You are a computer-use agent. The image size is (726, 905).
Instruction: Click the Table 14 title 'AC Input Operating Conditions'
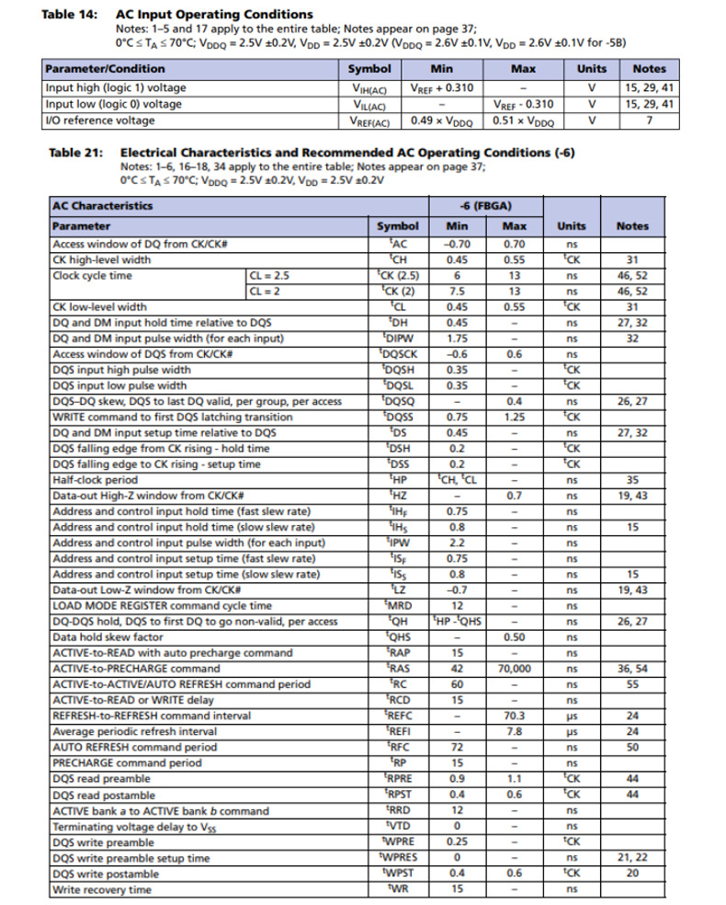[x=213, y=15]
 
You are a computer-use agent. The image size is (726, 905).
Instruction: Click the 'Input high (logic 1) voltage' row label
[x=115, y=87]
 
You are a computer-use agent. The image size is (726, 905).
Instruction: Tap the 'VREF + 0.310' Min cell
[x=441, y=87]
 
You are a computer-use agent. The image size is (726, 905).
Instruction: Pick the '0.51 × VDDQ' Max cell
[x=523, y=120]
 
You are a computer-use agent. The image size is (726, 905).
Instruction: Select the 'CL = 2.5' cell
[x=269, y=275]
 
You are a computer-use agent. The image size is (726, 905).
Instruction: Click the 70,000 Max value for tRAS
[x=514, y=669]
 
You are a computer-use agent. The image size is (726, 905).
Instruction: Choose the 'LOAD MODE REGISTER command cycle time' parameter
[x=162, y=606]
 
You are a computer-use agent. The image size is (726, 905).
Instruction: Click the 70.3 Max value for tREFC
[x=514, y=716]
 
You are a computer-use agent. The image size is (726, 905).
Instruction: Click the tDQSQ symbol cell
[x=398, y=401]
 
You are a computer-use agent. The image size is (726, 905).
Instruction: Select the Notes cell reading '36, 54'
[x=631, y=669]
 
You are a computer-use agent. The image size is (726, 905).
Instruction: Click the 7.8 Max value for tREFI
[x=514, y=731]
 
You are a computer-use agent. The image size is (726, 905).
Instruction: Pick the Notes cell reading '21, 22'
[x=631, y=858]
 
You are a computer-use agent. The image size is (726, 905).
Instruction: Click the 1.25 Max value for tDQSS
[x=514, y=417]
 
